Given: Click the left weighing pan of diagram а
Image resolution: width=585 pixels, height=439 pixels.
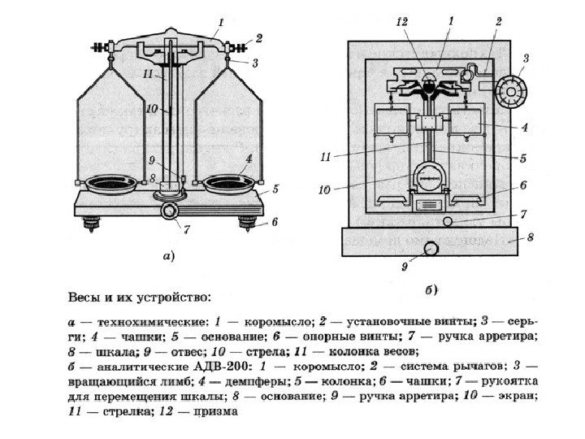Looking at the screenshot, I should [x=111, y=183].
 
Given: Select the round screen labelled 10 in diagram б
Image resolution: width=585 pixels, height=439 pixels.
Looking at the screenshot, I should [x=428, y=178].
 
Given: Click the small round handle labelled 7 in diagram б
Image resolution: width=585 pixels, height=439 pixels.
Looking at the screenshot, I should [x=447, y=221].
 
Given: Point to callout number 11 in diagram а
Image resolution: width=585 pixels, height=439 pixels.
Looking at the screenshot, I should [x=147, y=74].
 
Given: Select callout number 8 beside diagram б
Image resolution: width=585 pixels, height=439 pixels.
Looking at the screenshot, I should [x=529, y=237].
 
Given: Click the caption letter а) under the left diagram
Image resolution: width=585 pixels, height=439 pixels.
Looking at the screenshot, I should [x=167, y=257].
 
